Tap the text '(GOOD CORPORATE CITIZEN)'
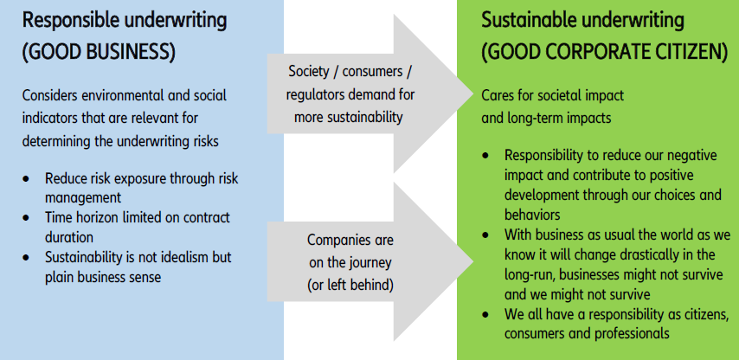[605, 52]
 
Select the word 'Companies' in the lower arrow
[328, 241]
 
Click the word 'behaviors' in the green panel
[532, 215]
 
